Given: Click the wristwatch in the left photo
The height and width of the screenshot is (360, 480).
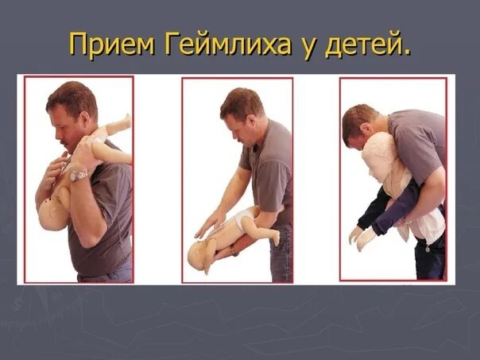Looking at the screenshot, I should (x=79, y=174).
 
